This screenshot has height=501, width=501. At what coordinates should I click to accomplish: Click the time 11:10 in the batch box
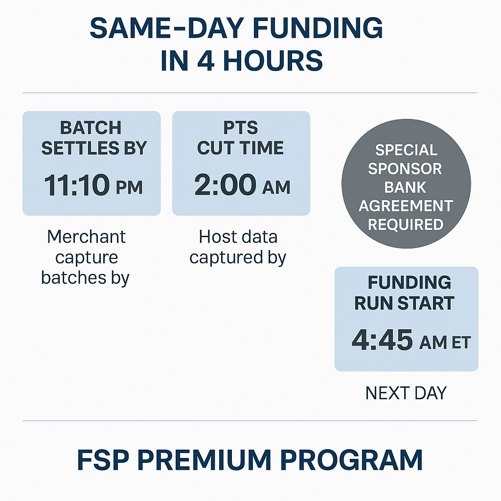pos(77,185)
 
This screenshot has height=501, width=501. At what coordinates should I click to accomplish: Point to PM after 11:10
pos(130,187)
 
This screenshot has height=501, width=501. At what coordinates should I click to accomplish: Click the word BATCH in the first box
pos(91,128)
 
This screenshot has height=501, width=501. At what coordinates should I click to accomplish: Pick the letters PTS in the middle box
pos(240,128)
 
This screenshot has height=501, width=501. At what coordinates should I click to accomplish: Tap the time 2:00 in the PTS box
pos(225,185)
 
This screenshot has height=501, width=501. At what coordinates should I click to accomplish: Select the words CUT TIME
pos(240,148)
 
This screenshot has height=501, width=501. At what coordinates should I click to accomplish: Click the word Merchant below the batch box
pos(86,237)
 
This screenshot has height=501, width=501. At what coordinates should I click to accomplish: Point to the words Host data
pos(238,237)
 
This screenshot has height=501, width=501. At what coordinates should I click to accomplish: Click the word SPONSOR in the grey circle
pos(405,169)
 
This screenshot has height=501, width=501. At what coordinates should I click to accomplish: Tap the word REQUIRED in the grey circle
pos(406,225)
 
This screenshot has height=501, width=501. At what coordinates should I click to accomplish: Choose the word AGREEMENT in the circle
pos(406,206)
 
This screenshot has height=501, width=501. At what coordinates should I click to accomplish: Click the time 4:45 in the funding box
pos(382,341)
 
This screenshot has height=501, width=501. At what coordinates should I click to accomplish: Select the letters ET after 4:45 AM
pos(461,342)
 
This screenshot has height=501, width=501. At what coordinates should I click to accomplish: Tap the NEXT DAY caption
pos(406,393)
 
